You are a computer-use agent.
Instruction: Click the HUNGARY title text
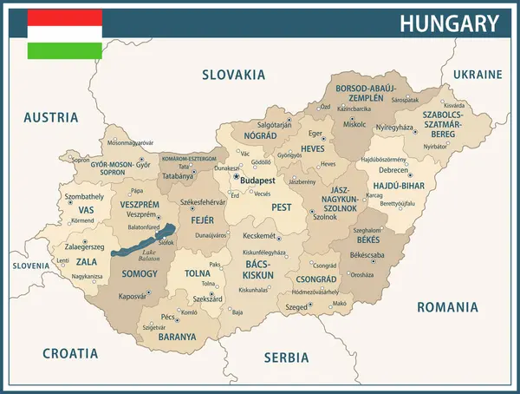449,23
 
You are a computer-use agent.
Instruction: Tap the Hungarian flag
64,34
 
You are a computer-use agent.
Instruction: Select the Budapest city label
257,181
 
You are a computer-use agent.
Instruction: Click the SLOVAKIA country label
233,75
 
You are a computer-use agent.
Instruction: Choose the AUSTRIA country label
50,117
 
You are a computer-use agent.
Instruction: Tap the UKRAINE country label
477,74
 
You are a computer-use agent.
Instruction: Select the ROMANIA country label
447,306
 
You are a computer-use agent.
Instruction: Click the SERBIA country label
286,357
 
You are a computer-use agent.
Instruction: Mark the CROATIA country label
69,353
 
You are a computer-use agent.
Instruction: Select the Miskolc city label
354,124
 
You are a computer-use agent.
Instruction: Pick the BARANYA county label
176,337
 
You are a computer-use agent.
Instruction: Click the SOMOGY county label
140,273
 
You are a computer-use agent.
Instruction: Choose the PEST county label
282,207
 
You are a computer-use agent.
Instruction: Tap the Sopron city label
80,160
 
